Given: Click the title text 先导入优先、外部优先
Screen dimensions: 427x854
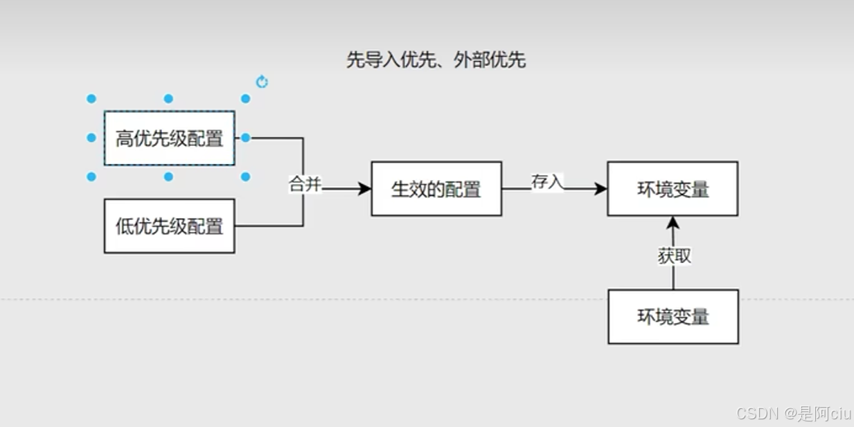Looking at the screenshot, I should point(436,60).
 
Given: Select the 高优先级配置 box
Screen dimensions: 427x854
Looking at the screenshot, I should point(169,138).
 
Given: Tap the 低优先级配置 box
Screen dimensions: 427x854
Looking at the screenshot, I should point(169,226).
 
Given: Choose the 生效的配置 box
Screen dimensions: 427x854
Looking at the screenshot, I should point(436,189).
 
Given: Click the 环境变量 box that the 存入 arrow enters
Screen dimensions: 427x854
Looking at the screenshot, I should point(673,189).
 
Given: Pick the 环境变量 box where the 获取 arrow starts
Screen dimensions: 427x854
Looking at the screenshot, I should point(673,317).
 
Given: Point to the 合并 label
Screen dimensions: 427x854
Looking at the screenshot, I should point(305,185).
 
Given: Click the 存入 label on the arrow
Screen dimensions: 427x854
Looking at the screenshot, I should point(547,182).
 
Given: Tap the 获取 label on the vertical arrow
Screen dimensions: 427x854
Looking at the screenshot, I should point(674,256).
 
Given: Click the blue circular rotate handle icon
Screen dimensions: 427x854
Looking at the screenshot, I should point(262,82).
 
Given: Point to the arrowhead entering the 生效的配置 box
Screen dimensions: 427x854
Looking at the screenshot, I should point(365,189).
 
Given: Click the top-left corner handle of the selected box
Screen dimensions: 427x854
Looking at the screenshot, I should point(91,99).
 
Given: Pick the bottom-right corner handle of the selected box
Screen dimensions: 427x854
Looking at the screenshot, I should point(245,177).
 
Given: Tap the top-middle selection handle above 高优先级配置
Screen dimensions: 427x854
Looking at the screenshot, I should point(168,99).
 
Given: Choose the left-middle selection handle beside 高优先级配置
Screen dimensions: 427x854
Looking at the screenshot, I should point(91,138).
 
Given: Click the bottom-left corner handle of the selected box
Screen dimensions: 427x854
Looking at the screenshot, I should point(91,177).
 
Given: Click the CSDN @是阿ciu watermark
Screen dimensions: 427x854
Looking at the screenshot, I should point(793,414).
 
